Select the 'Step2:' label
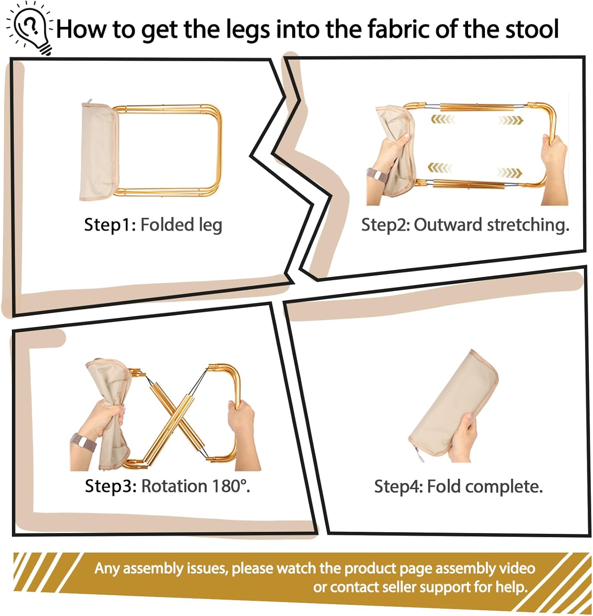point(385,225)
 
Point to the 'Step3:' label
point(111,486)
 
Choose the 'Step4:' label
point(398,487)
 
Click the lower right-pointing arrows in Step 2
point(510,172)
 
